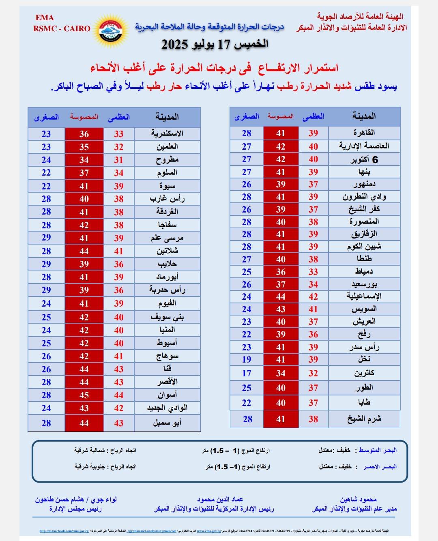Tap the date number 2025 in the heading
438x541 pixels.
tap(176, 44)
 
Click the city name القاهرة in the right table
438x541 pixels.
tap(364, 133)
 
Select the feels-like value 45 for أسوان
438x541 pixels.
tap(84, 395)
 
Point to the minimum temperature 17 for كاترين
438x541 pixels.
tap(247, 373)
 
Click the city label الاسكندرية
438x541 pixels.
tap(167, 133)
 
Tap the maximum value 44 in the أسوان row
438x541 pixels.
tap(118, 395)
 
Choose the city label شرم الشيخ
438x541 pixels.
tap(364, 419)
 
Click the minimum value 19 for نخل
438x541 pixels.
tap(247, 360)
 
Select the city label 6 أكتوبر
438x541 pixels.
tap(364, 159)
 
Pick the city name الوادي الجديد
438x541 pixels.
tap(167, 408)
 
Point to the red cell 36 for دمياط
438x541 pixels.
tap(281, 272)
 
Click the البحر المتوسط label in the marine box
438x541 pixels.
tap(376, 450)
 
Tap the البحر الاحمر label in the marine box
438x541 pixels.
tap(379, 467)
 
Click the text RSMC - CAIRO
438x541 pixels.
tap(62, 29)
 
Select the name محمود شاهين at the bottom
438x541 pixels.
tap(359, 500)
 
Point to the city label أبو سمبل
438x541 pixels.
tap(167, 423)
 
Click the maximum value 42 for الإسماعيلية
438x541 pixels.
tap(313, 297)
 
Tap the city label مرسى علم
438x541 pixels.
tap(167, 238)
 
